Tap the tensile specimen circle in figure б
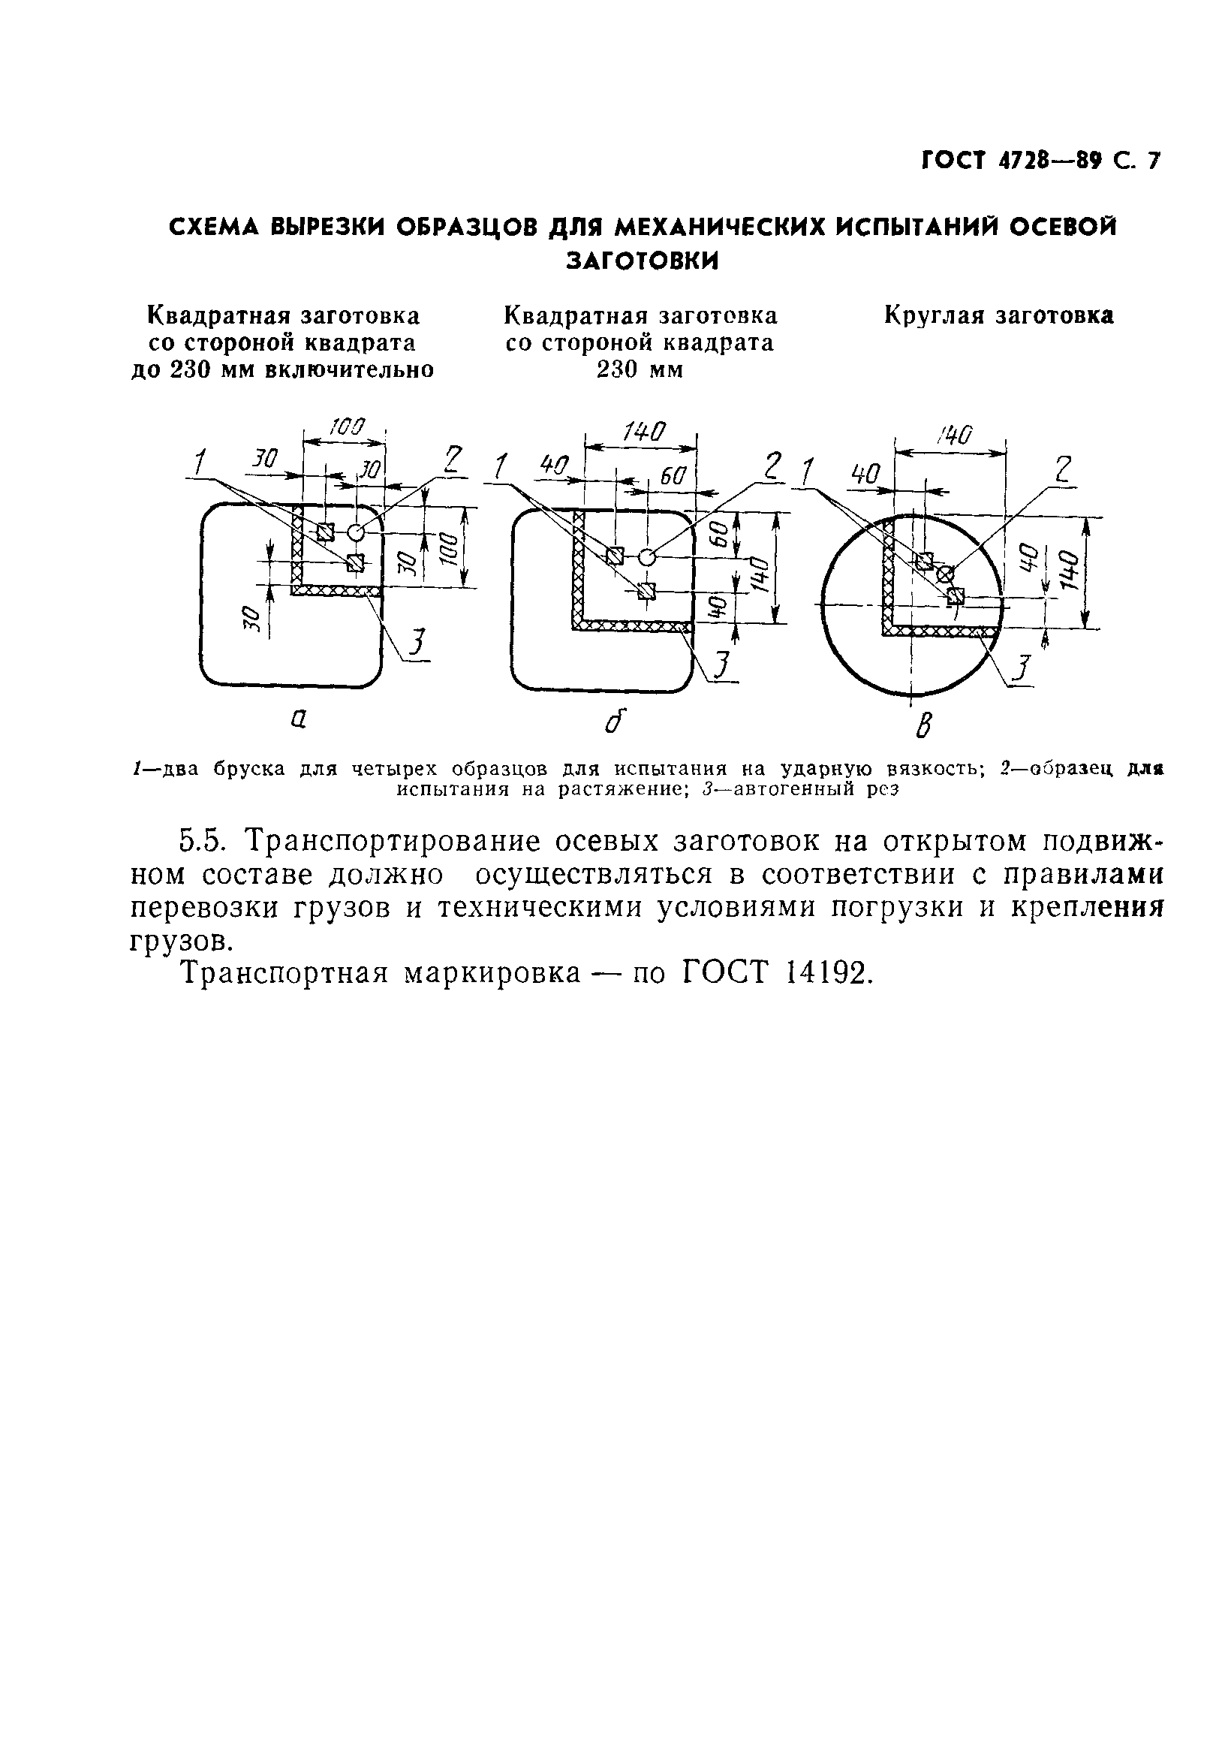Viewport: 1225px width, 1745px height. pyautogui.click(x=646, y=557)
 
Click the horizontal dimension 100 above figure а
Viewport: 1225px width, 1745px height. pyautogui.click(x=348, y=426)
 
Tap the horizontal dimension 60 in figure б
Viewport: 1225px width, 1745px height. pyautogui.click(x=673, y=477)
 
